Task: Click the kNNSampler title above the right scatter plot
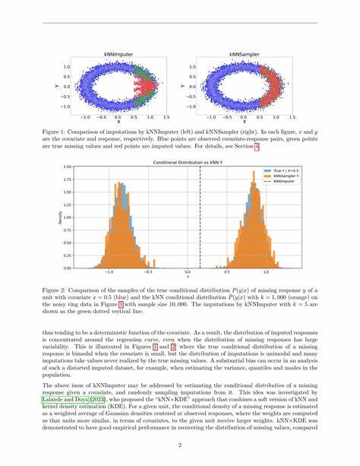pyautogui.click(x=243, y=54)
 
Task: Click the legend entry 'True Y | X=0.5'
pyautogui.click(x=269, y=170)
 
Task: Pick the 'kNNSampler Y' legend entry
pyautogui.click(x=269, y=176)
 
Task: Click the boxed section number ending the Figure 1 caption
pyautogui.click(x=256, y=146)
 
